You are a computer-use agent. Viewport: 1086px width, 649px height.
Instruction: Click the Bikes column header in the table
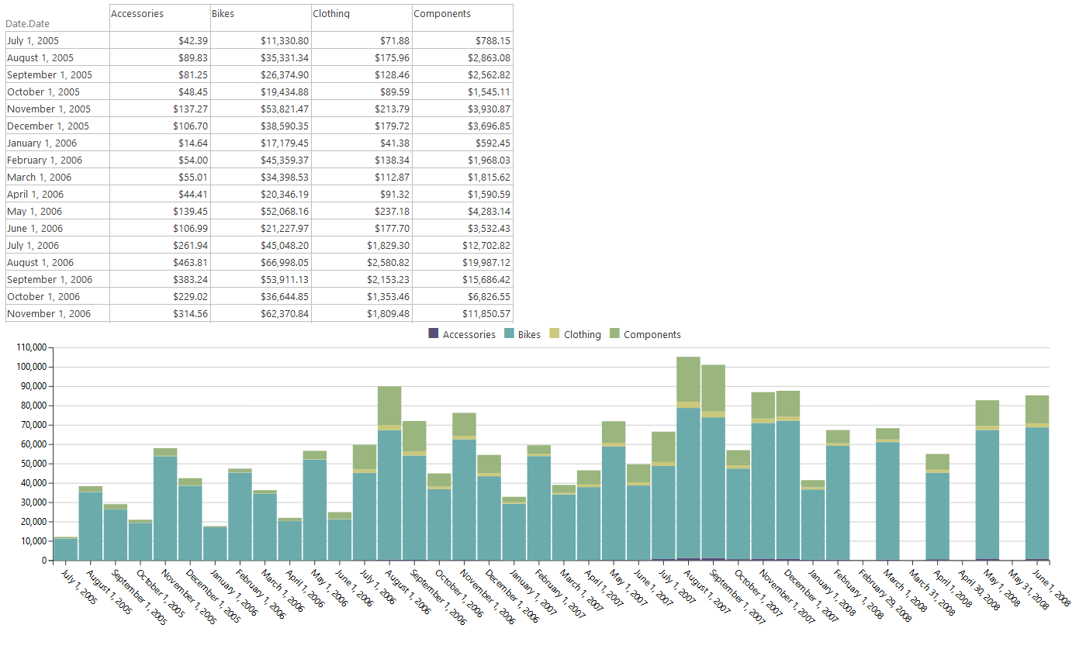pos(223,14)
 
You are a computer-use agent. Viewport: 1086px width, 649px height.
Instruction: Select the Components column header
pos(442,14)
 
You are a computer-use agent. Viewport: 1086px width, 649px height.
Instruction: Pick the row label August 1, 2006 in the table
pos(40,263)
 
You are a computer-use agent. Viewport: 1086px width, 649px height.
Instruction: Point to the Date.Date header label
pos(27,24)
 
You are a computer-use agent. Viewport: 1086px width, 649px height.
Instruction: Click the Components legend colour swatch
pos(615,334)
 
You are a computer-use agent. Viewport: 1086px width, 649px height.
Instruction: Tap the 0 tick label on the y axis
pos(44,561)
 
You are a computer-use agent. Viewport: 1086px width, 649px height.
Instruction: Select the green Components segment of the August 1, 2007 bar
pos(689,379)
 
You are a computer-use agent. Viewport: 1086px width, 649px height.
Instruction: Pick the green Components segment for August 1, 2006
pos(389,406)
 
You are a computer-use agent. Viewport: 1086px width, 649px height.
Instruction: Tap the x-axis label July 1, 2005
pos(78,589)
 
